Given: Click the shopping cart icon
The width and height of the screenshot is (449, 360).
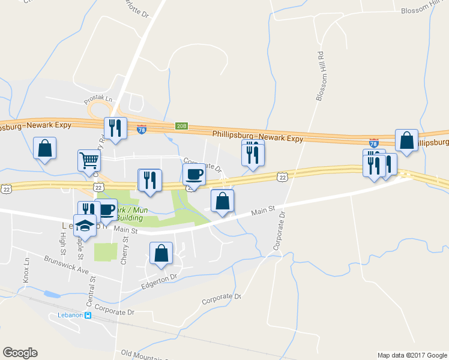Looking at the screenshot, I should [88, 160].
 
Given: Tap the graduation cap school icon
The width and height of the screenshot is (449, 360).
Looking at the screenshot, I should [85, 226].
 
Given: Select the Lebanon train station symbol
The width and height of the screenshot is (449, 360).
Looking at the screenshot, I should [88, 316].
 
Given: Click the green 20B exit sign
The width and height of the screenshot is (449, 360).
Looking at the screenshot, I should [182, 126].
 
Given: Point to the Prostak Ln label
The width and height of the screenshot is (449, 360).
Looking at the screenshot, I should [98, 98].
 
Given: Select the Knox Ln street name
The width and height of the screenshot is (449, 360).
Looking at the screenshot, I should [26, 271].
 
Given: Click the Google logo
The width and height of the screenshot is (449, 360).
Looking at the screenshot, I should [20, 353].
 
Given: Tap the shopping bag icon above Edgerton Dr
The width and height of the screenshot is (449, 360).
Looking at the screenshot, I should [161, 253].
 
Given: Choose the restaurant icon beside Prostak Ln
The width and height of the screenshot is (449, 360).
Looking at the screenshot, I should [113, 128].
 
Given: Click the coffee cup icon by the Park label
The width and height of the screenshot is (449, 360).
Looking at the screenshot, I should [107, 210].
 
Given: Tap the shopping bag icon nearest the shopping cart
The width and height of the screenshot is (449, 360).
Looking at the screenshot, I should [45, 148].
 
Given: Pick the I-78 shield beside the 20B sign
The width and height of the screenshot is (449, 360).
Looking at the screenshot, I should [142, 129].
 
